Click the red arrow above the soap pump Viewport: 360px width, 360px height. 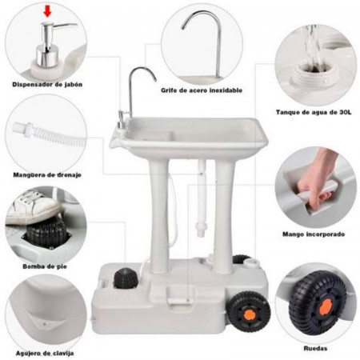coord(48,11)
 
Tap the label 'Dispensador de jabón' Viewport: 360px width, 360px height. coord(47,85)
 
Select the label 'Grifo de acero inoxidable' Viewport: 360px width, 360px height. coord(202,90)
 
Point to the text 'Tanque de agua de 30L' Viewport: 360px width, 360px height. coord(314,112)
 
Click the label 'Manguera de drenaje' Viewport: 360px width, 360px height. coord(47,175)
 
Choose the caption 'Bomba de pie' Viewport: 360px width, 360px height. coord(45,266)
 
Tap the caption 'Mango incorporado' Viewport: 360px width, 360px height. coord(314,234)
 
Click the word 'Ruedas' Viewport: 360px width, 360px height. coord(315,348)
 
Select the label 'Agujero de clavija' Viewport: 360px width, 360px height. coord(45,354)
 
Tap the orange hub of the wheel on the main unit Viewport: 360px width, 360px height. coord(250,316)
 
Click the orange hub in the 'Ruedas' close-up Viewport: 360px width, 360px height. coord(326,306)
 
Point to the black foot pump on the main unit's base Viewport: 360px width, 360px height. coord(126,278)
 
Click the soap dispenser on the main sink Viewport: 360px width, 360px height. coord(122,121)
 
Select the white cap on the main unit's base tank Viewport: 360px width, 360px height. coord(250,263)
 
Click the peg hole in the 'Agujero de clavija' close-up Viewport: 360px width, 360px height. coord(45,324)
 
